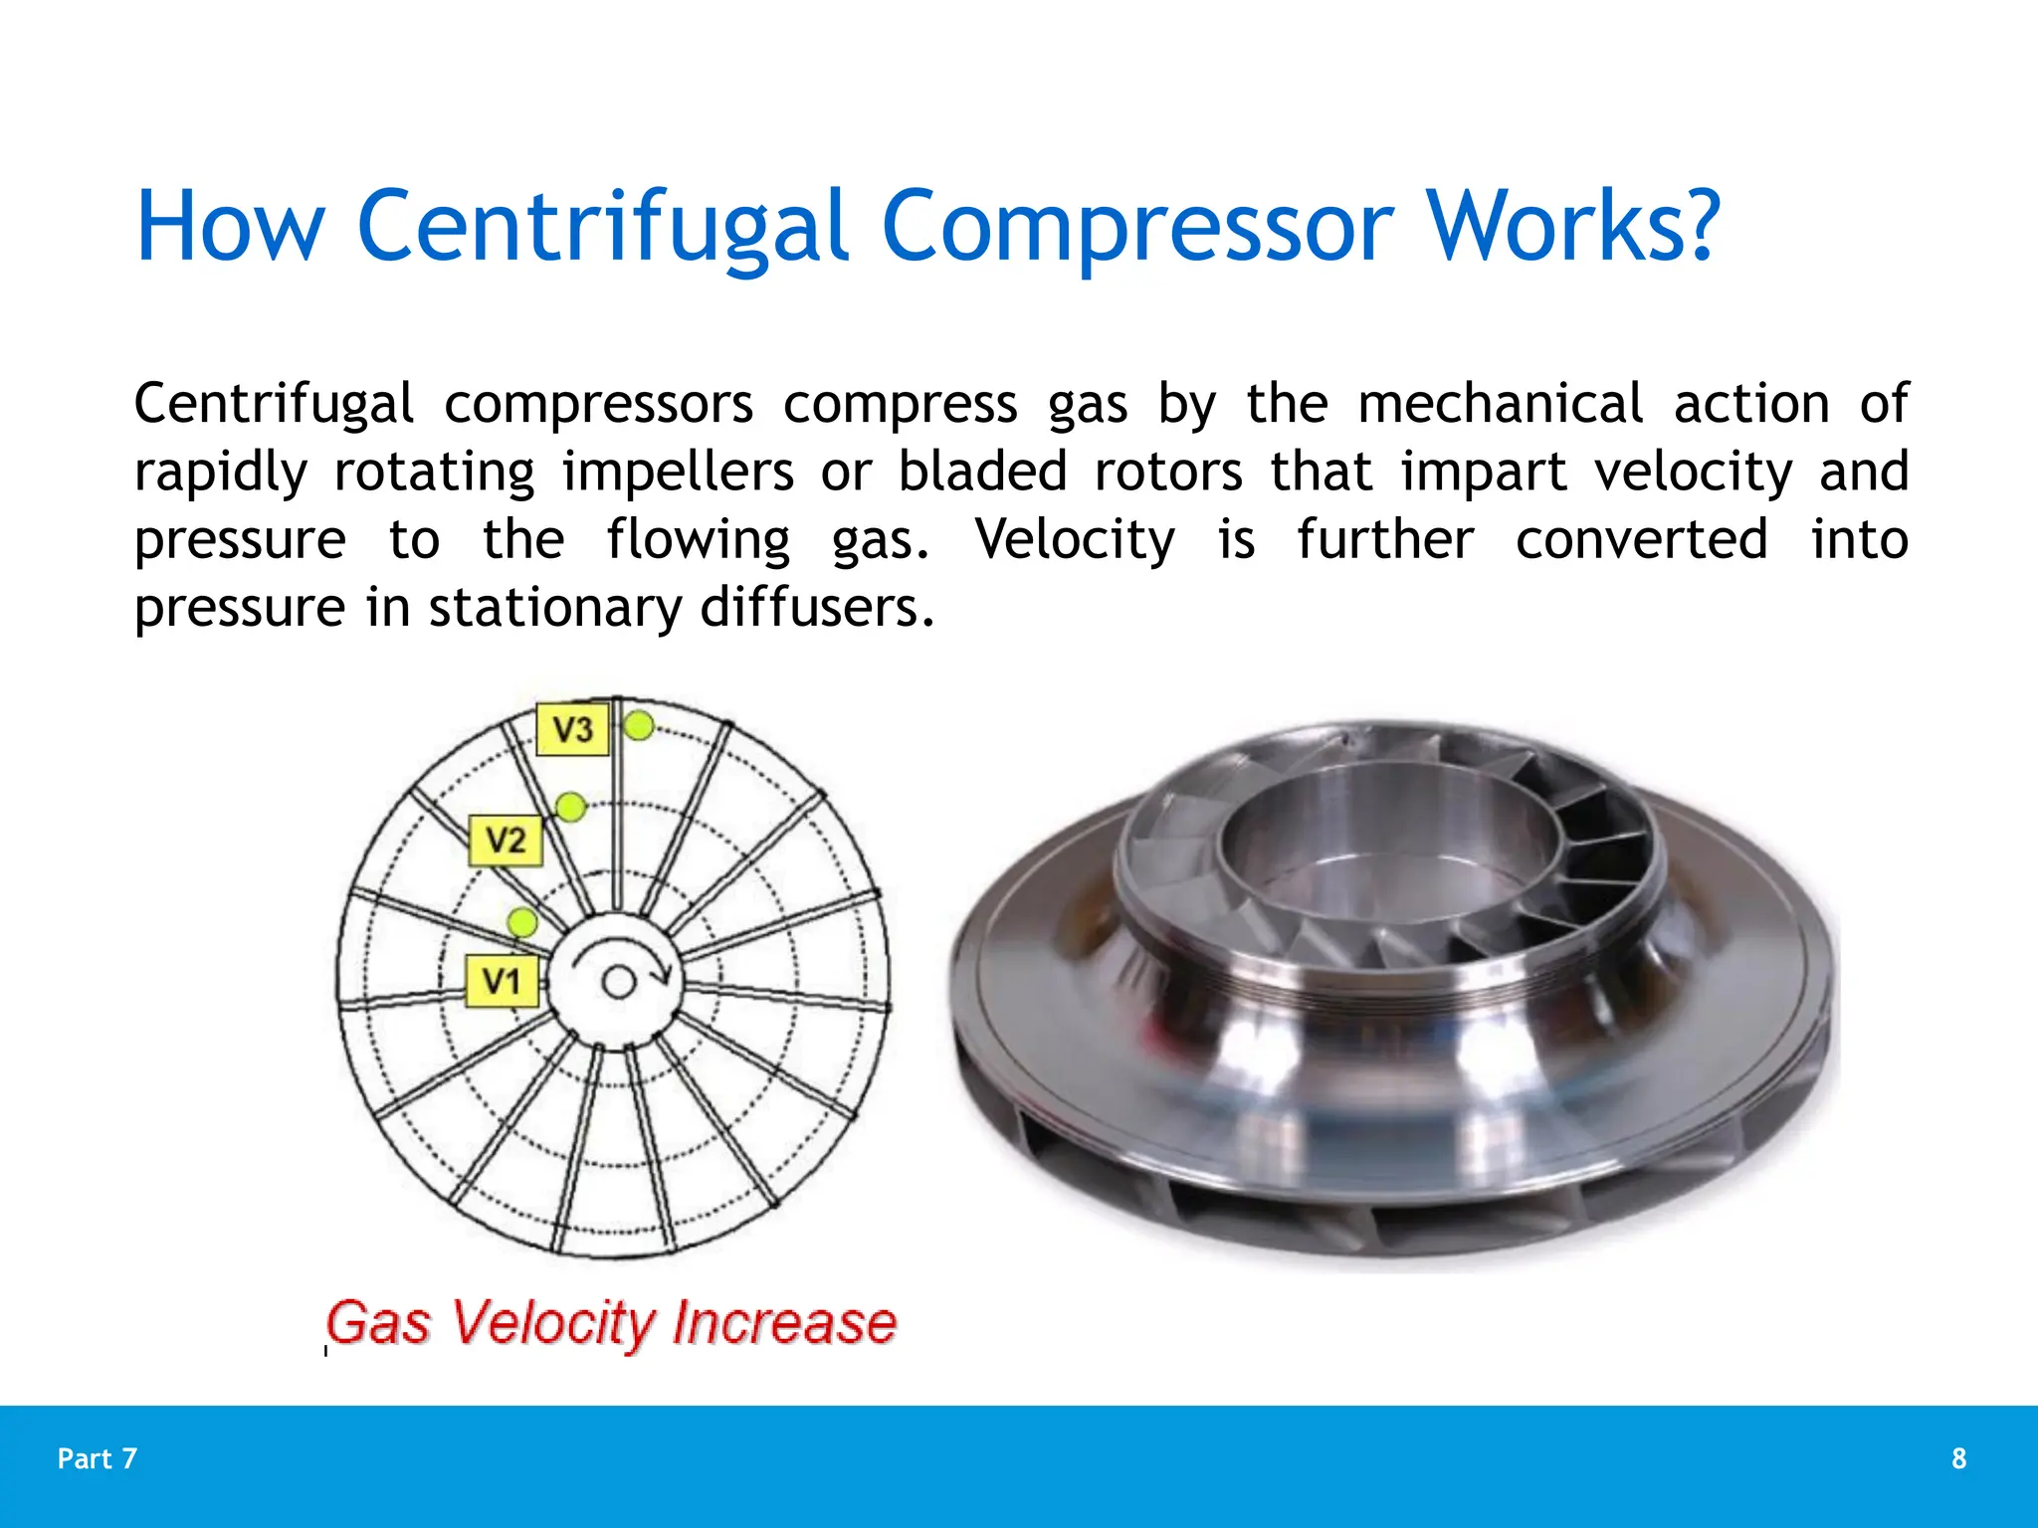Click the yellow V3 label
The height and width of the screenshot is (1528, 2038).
click(x=572, y=729)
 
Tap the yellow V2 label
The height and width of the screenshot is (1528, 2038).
click(x=506, y=841)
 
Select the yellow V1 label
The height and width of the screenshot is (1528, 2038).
click(x=503, y=982)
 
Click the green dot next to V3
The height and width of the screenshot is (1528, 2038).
click(x=639, y=726)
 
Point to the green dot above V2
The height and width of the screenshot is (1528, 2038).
click(x=570, y=807)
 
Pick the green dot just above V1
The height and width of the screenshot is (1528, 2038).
click(x=522, y=922)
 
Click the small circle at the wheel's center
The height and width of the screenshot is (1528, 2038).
click(x=619, y=983)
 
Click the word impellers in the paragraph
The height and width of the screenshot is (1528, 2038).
click(x=678, y=472)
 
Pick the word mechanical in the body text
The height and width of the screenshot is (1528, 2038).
click(x=1500, y=405)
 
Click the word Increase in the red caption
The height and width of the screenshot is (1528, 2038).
click(x=784, y=1323)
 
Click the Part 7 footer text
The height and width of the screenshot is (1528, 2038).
click(x=98, y=1458)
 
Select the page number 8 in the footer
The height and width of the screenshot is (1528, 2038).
click(x=1958, y=1458)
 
